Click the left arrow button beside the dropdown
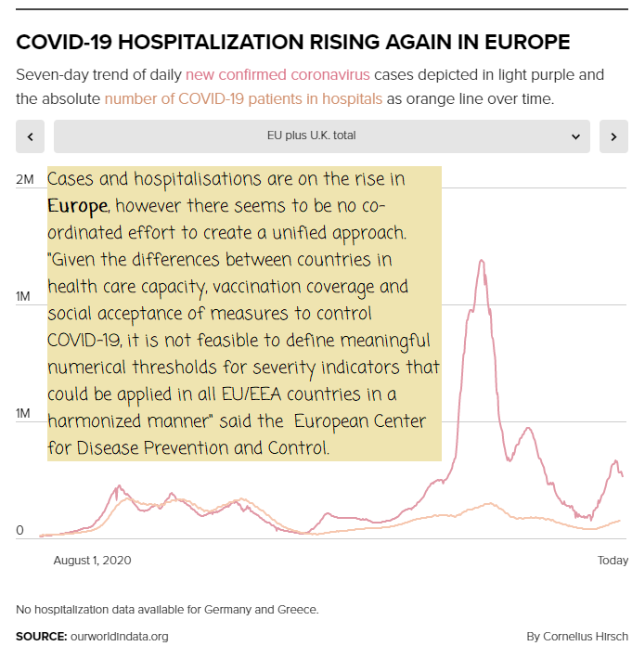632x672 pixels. [31, 136]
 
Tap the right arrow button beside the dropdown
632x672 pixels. [613, 136]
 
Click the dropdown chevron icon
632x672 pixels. [575, 136]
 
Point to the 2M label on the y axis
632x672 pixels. [25, 178]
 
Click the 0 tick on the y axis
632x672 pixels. [19, 531]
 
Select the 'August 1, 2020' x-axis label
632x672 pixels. [92, 561]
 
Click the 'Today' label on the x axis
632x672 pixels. [613, 561]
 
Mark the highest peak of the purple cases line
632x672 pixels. [482, 261]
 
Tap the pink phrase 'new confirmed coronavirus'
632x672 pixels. [277, 74]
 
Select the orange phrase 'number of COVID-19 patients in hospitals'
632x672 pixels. [243, 98]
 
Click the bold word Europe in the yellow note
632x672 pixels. [77, 204]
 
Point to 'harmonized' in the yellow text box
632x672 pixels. [95, 421]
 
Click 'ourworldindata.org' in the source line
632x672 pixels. [119, 637]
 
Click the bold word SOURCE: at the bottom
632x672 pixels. [41, 637]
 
